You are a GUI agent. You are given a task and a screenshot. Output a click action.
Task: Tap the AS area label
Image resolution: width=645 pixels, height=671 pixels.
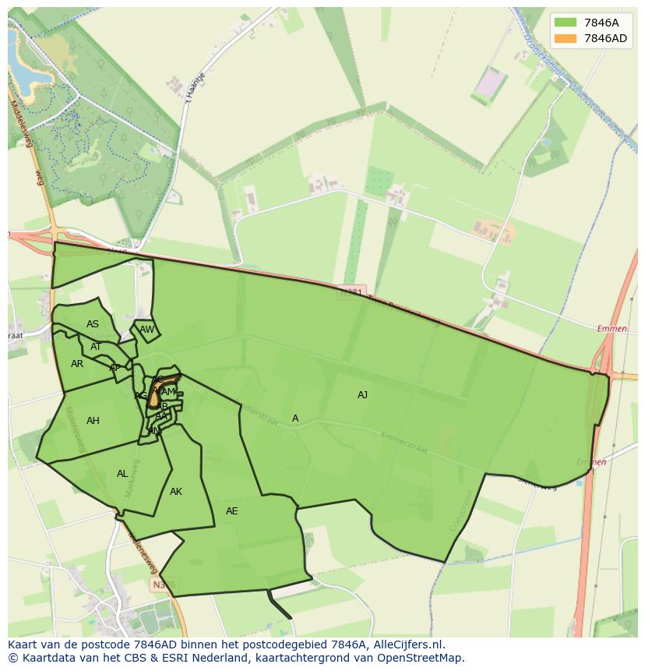[x=93, y=324]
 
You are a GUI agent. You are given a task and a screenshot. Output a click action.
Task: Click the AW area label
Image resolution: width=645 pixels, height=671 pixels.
[x=147, y=330]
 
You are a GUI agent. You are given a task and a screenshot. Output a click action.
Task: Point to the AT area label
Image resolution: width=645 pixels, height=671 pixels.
[x=96, y=347]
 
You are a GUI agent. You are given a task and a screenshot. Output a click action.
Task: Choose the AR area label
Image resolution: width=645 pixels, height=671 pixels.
[x=77, y=364]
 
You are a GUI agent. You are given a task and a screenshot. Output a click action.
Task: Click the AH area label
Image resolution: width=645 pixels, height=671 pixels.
[x=93, y=421]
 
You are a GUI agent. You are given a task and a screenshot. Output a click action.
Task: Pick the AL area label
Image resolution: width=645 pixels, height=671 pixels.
[x=122, y=474]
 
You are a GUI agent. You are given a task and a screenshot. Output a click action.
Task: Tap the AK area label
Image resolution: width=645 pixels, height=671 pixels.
[x=176, y=492]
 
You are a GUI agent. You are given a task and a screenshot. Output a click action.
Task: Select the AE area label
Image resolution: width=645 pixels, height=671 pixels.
[x=231, y=511]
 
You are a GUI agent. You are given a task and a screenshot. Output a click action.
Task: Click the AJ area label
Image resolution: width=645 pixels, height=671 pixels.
[x=362, y=395]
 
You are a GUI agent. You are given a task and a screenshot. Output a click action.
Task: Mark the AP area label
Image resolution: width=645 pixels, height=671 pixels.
[x=115, y=368]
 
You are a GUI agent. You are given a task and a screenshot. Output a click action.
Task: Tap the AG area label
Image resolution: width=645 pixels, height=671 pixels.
[x=140, y=396]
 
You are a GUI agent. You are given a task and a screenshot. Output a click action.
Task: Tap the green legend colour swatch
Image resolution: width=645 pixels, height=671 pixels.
[x=566, y=23]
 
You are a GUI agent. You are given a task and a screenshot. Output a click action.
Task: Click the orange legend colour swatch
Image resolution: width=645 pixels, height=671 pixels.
[x=566, y=38]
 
